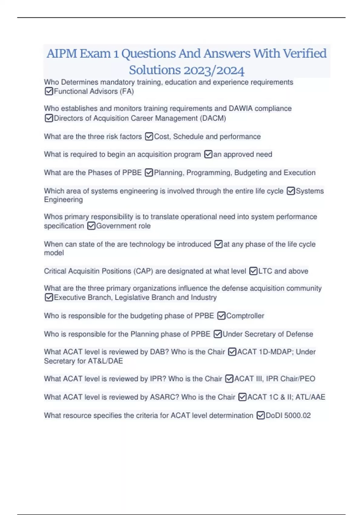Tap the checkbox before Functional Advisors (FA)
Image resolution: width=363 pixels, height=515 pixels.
pos(49,91)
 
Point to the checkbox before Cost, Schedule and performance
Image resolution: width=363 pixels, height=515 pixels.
pos(149,137)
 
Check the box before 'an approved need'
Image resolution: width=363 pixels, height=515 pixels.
pos(208,154)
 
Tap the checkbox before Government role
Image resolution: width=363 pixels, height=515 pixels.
pos(91,226)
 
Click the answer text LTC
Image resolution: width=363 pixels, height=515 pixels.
pos(265,271)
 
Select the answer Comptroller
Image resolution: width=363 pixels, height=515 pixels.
pos(245,316)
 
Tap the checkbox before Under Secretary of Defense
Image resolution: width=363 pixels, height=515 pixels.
pos(217,334)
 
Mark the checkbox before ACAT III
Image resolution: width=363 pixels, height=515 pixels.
pos(229,379)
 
